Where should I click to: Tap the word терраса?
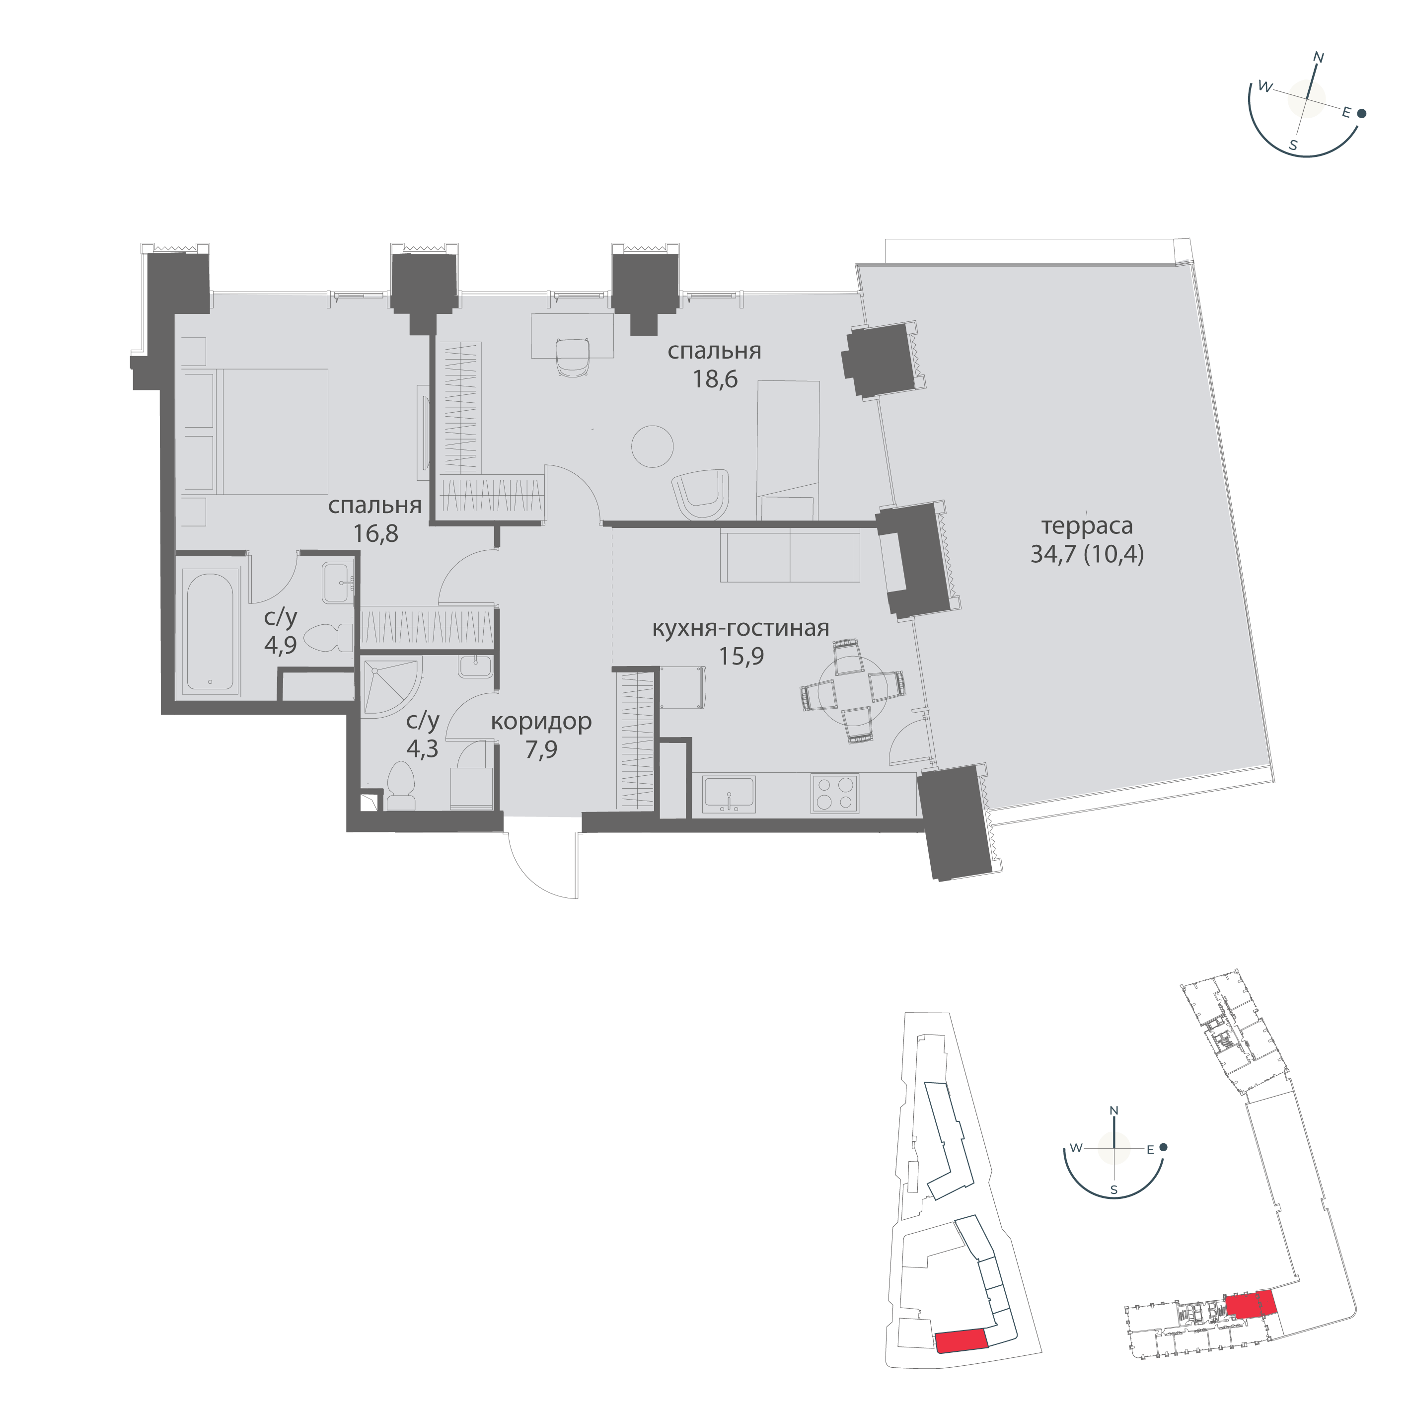[x=1087, y=525]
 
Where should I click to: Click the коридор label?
[x=541, y=722]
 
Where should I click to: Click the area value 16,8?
[x=376, y=534]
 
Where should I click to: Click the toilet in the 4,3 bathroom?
[x=400, y=785]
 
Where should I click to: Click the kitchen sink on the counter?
[x=729, y=793]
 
